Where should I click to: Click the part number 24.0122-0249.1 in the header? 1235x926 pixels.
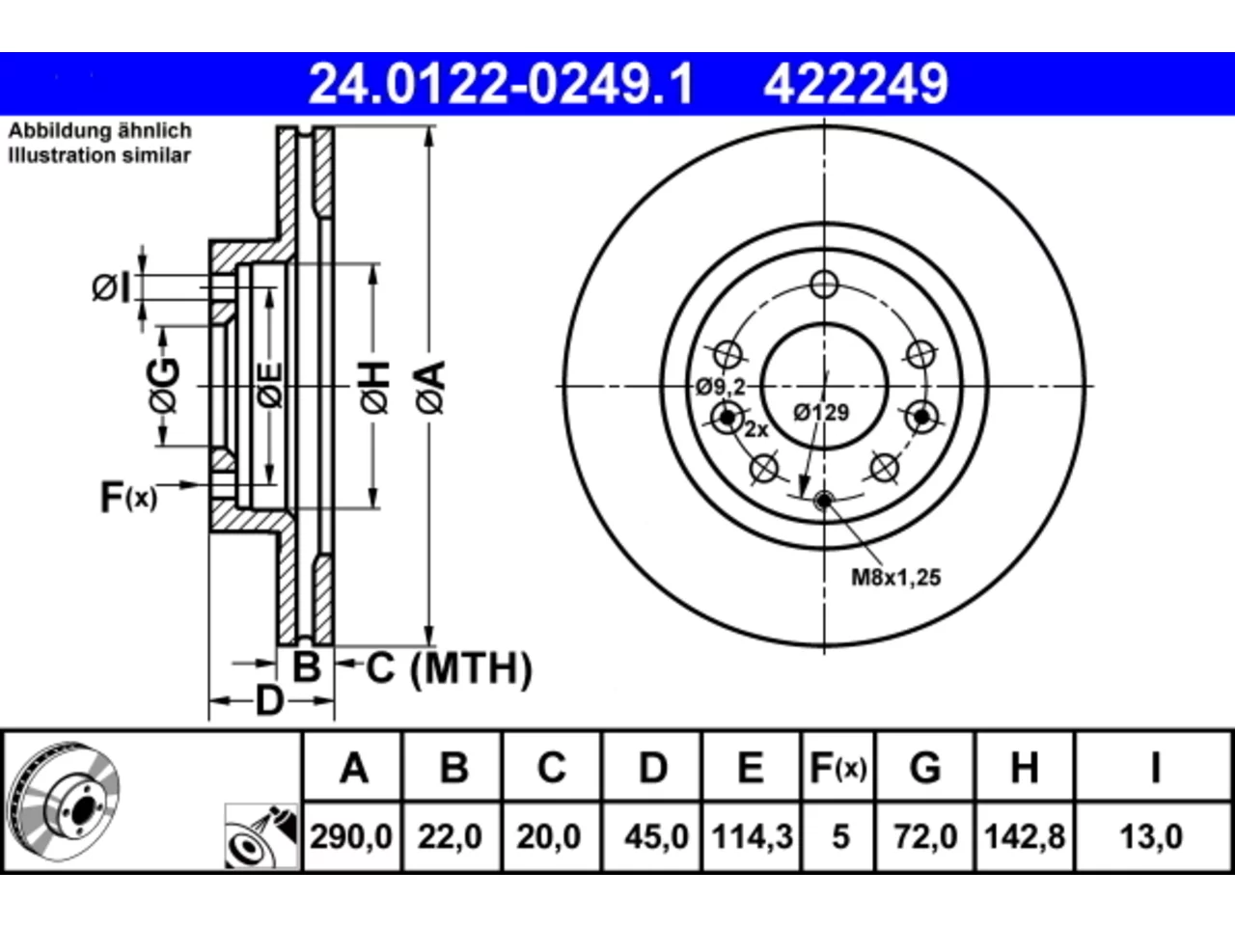click(501, 84)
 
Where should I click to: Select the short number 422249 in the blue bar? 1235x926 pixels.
click(856, 84)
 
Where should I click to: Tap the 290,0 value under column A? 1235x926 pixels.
click(351, 836)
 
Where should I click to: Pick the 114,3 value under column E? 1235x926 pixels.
click(753, 836)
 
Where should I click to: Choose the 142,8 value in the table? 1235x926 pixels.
click(1025, 836)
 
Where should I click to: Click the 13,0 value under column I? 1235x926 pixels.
click(1151, 836)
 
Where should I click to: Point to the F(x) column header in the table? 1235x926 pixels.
click(837, 768)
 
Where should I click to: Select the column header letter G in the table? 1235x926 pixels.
click(925, 768)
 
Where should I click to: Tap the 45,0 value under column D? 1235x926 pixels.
click(656, 836)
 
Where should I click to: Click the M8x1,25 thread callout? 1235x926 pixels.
click(895, 578)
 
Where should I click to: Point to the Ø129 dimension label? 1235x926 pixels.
click(821, 413)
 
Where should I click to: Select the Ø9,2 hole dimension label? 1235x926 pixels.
click(721, 386)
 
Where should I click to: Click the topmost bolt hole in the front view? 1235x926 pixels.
click(824, 285)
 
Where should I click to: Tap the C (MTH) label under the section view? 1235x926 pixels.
click(449, 667)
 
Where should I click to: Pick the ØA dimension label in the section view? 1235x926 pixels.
click(431, 388)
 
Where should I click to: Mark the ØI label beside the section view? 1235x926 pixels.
click(111, 287)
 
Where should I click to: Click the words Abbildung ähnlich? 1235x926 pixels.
click(99, 130)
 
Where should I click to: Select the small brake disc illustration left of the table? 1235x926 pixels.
click(63, 802)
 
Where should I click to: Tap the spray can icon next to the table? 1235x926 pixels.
click(261, 836)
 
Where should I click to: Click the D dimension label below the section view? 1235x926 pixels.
click(270, 701)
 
